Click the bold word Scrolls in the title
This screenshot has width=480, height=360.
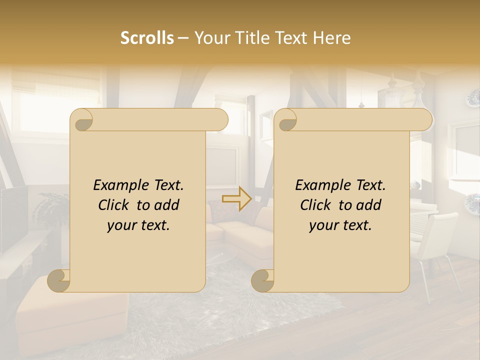coord(147,38)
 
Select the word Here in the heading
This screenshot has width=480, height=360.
coord(331,38)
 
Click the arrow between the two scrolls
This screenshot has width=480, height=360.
coord(237,198)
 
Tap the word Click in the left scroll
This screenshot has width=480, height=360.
coord(114,205)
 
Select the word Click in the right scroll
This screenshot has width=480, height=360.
coord(316,205)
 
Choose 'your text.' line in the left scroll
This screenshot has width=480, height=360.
coord(138,225)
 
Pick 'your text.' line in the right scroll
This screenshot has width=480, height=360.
coord(340,225)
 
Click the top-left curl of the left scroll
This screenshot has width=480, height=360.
coord(81,120)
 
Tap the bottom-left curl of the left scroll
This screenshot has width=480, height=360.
coord(59,280)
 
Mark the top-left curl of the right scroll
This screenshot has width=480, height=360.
coord(285,120)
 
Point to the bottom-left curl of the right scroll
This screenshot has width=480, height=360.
coord(263,280)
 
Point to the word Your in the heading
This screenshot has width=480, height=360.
coord(209,38)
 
